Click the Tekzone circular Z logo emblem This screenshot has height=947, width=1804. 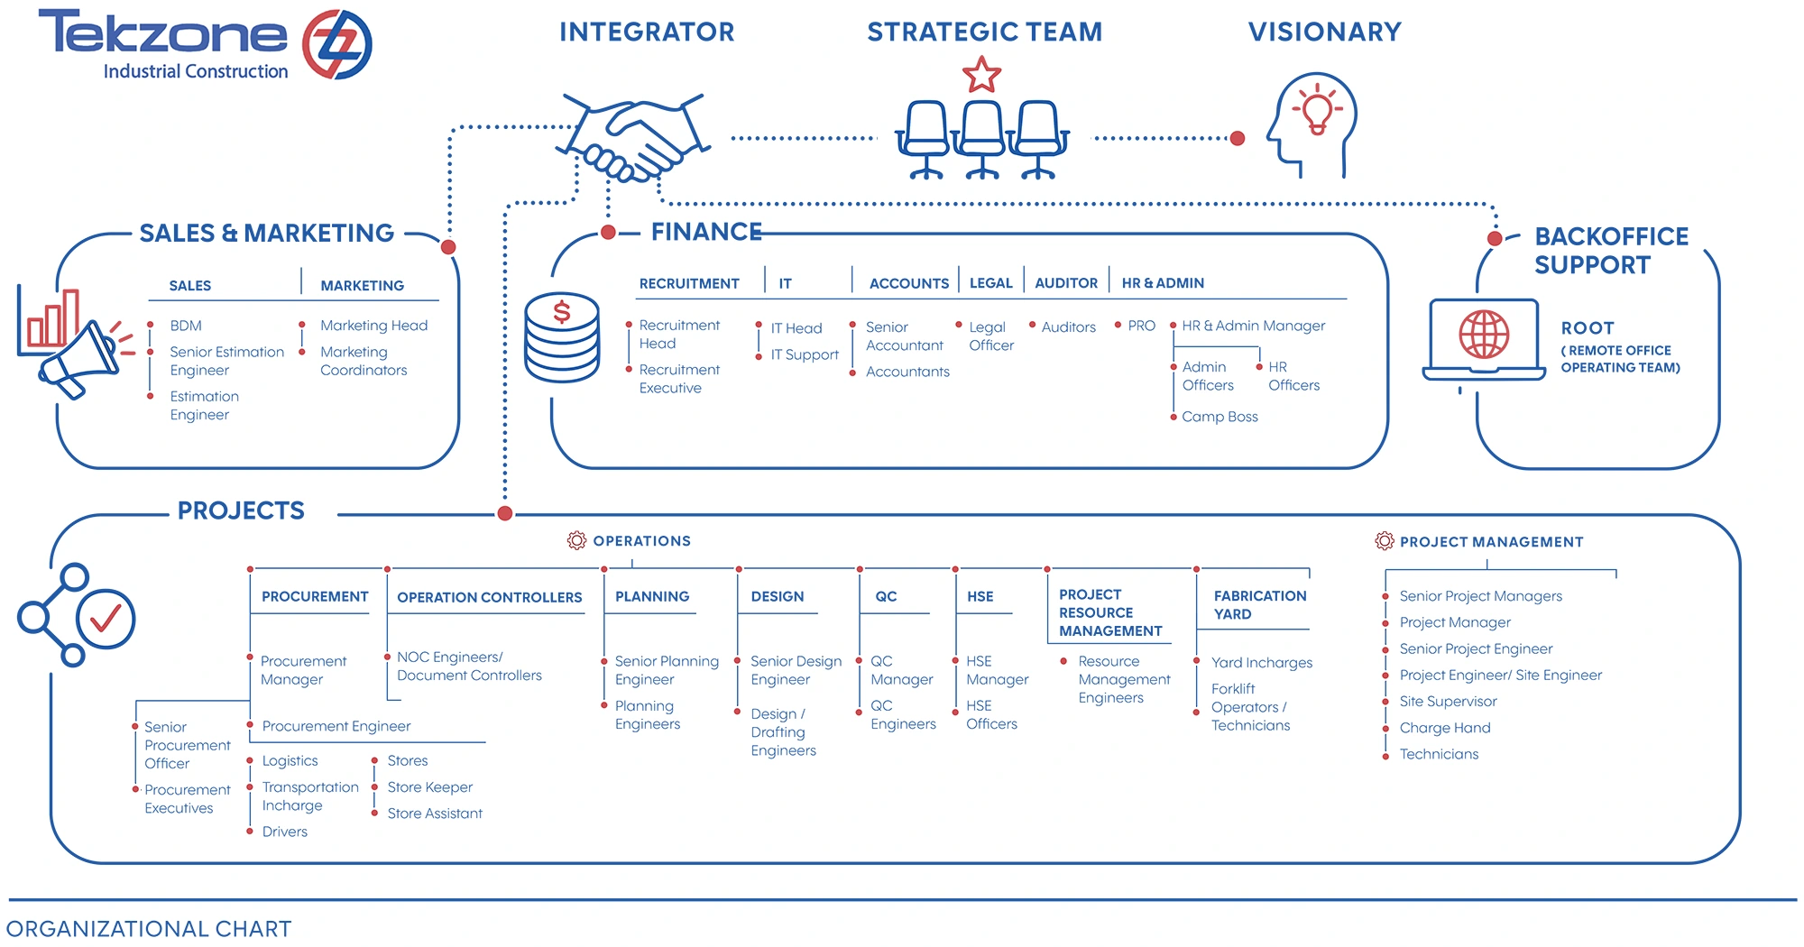[336, 44]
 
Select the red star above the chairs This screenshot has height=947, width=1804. [981, 75]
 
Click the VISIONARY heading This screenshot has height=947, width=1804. [1324, 32]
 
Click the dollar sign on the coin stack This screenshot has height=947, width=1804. [562, 312]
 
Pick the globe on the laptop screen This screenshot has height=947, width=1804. [1484, 335]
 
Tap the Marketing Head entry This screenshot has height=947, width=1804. [373, 326]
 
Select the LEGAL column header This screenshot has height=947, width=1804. [990, 283]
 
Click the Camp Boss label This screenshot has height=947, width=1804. [1220, 417]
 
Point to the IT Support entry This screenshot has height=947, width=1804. [805, 355]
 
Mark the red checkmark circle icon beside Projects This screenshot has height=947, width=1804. [106, 619]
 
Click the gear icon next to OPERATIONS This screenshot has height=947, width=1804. [576, 541]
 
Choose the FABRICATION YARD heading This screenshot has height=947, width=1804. [1259, 605]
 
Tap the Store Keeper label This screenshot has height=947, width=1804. [429, 787]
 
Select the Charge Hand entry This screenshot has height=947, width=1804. [1444, 728]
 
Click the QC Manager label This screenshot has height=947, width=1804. [901, 670]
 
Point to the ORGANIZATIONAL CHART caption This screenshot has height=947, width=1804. [149, 929]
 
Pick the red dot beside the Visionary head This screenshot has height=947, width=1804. [1238, 139]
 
